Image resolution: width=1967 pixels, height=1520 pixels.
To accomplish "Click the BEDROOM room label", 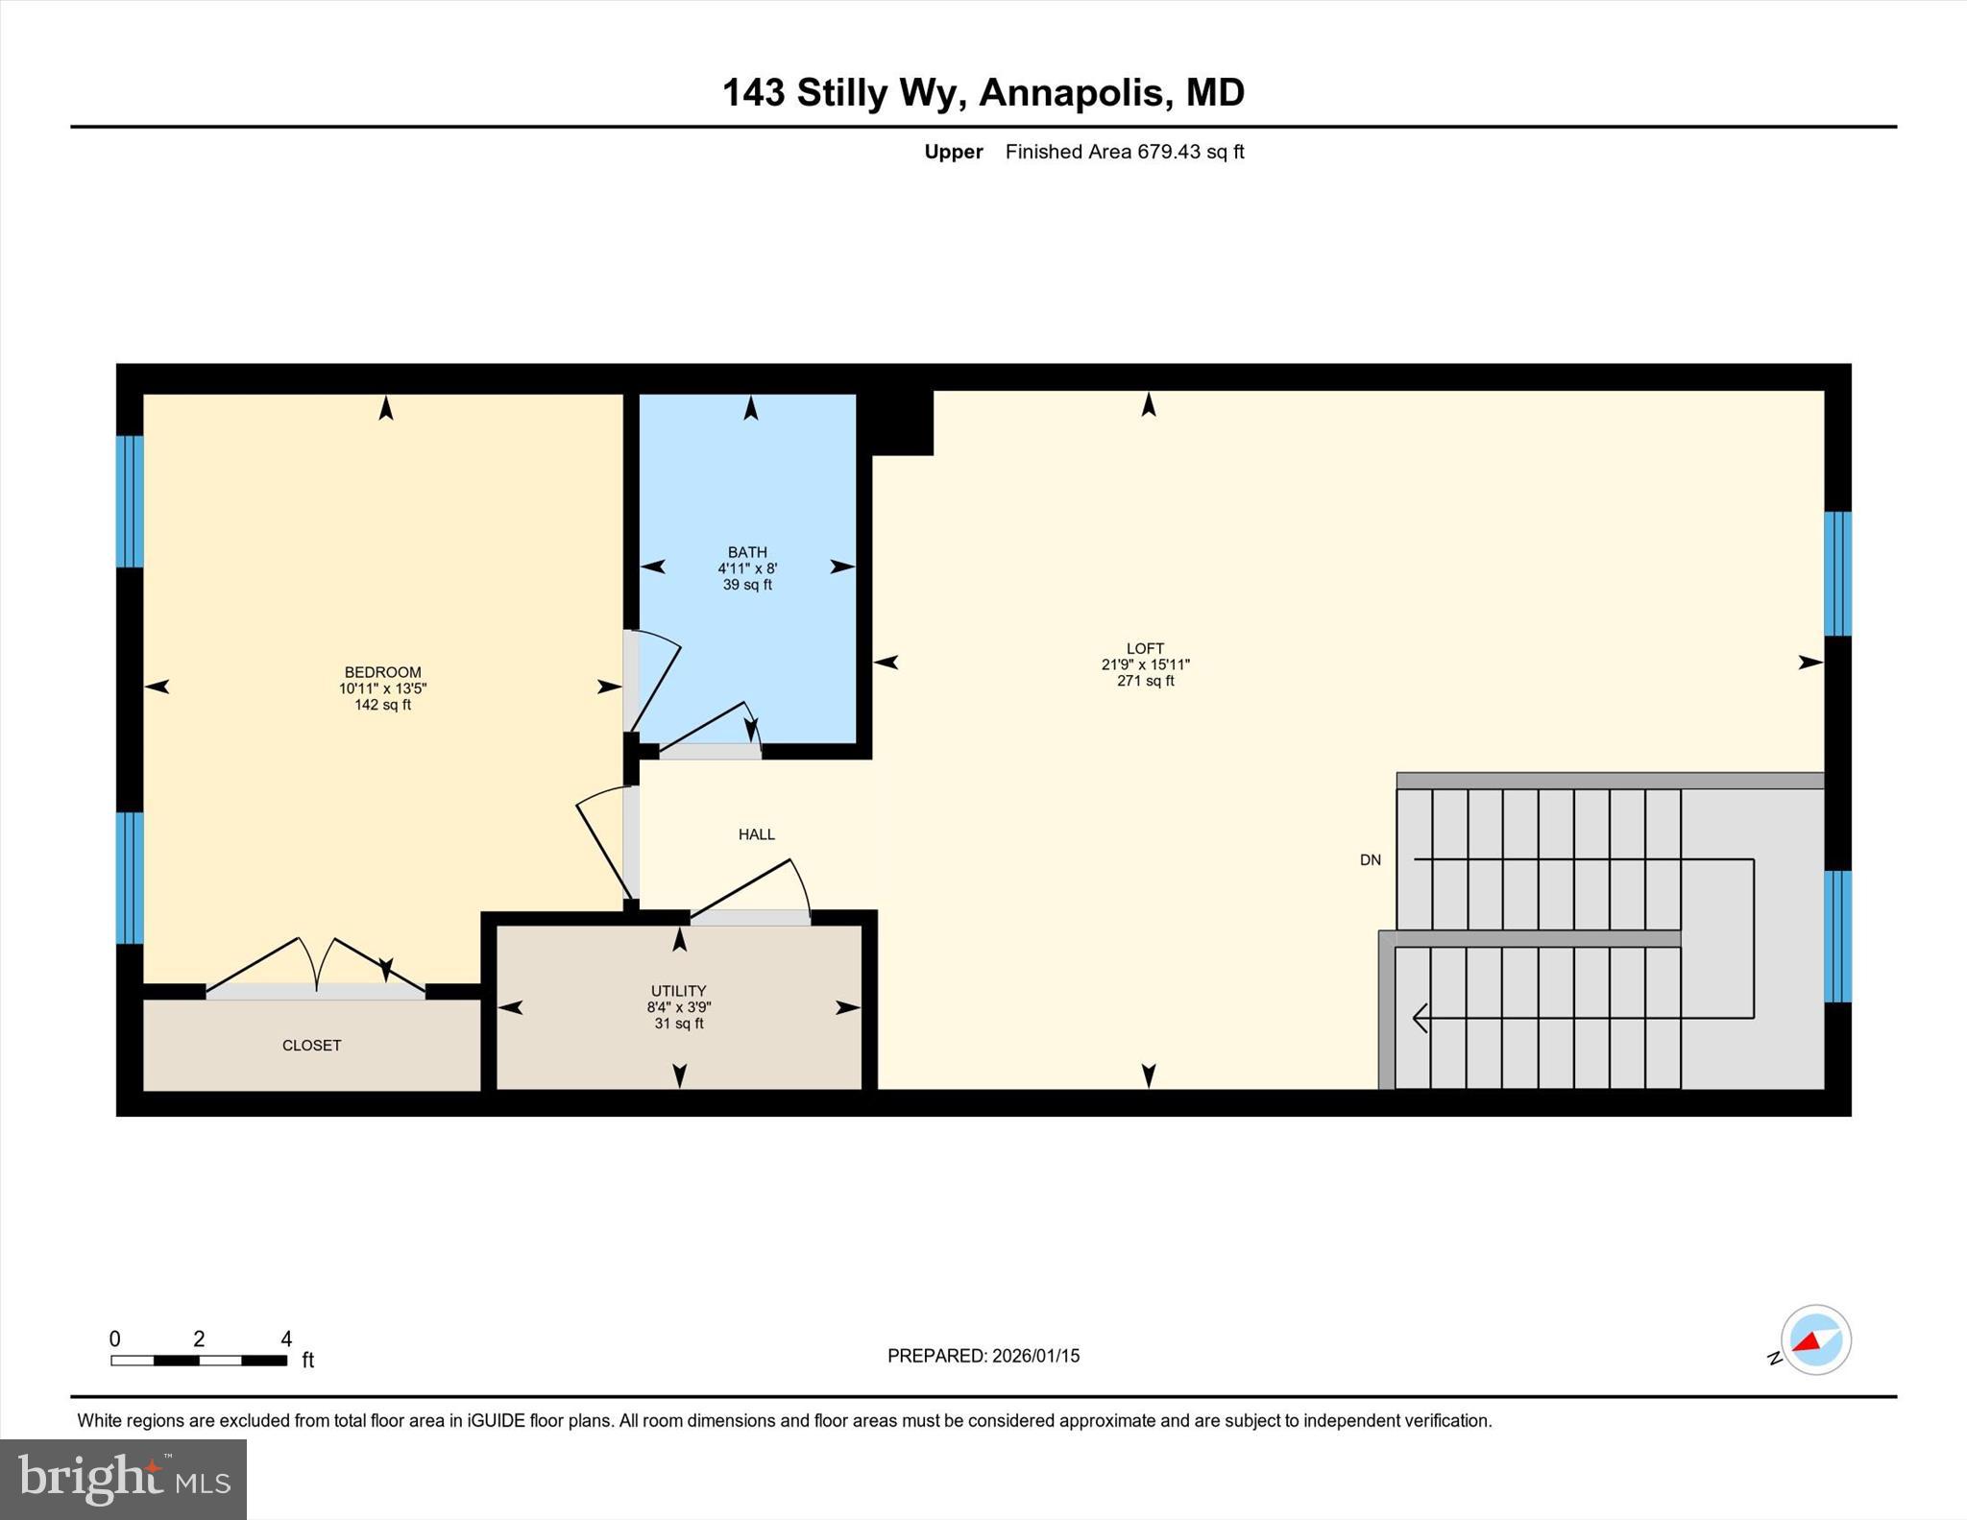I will coord(382,672).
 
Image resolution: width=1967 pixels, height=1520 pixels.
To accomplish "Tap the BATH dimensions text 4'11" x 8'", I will coord(747,568).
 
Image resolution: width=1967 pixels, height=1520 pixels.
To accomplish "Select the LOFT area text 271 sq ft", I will coord(1145,681).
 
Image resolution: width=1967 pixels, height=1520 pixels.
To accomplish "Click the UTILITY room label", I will coord(678,991).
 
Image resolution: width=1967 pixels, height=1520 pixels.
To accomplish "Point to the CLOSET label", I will coord(311,1046).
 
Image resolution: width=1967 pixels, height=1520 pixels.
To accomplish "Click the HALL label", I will coord(756,834).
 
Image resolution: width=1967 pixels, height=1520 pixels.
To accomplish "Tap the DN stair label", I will coord(1370,860).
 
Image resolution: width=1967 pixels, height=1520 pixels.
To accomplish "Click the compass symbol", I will coord(1815,1340).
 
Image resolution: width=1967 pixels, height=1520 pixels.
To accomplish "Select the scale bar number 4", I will coord(285,1339).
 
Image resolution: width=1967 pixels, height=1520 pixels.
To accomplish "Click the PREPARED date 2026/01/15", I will coord(1035,1356).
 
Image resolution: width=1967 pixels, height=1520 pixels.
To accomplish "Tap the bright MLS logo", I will coord(123,1479).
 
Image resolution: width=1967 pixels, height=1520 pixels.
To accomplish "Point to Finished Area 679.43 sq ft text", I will coord(1124,152).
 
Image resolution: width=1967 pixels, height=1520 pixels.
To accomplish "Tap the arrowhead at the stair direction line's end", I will coord(1420,1017).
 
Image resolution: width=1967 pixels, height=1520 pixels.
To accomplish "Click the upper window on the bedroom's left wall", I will coord(130,501).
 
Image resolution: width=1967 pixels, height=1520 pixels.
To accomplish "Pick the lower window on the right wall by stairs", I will coord(1836,936).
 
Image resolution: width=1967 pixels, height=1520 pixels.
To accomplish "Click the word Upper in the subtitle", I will coord(953,152).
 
